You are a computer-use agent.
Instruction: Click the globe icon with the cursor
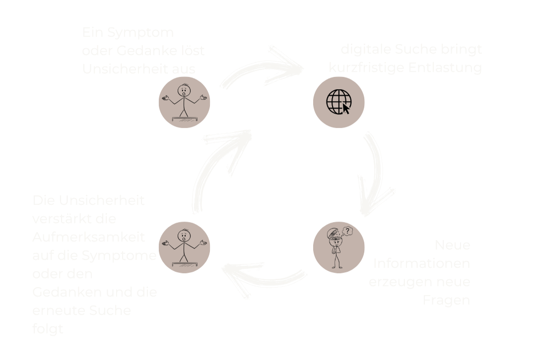point(338,103)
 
